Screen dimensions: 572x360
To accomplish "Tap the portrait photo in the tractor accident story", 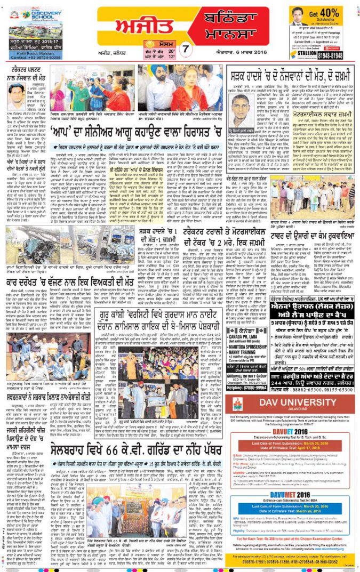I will (19, 94).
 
